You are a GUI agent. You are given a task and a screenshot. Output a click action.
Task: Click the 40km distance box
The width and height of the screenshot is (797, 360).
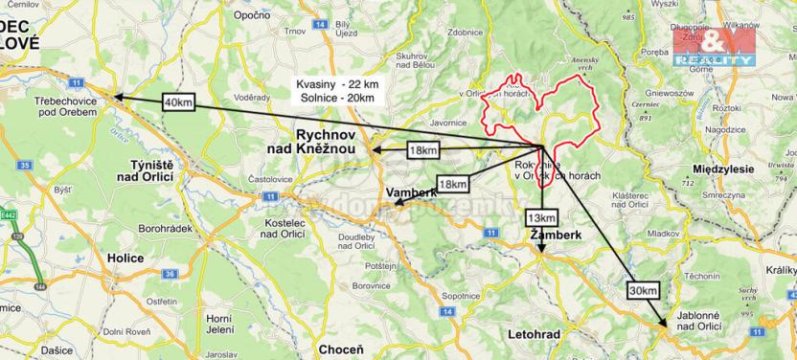[x=179, y=101]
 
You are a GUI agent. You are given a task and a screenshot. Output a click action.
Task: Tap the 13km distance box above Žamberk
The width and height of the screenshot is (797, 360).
[x=539, y=217]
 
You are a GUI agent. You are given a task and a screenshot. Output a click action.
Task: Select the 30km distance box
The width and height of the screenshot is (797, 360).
[x=644, y=290]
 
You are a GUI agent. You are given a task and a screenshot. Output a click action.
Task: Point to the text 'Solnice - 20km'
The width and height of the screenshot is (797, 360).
[x=335, y=99]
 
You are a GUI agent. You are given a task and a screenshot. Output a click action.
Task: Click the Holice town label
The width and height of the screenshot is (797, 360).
[x=125, y=259]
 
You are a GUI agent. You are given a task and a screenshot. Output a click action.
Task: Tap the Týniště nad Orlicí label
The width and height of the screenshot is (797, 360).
[x=145, y=169]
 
